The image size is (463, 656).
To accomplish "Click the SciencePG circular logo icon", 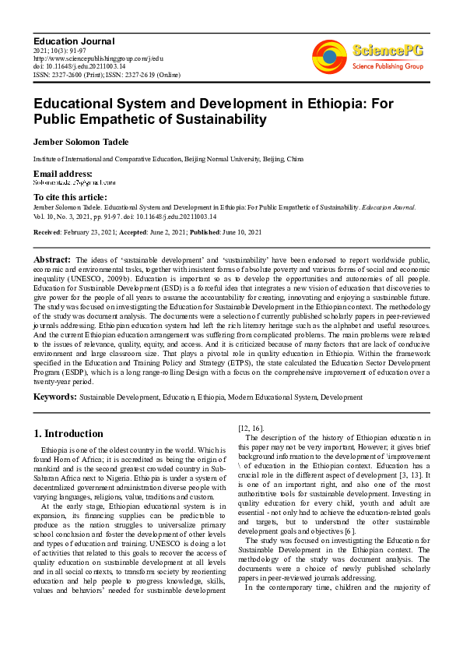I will pos(330,57).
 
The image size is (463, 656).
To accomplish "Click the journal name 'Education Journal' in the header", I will pos(73,41).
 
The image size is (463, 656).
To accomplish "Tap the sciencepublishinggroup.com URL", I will pos(97,58).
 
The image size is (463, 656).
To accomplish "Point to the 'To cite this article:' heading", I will pos(70,197).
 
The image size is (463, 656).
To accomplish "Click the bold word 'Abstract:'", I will pos(52,259).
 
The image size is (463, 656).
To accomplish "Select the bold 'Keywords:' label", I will pos(54,397).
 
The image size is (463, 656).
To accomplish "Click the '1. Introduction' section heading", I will pos(68,434).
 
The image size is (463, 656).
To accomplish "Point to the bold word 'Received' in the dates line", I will pos(47,232).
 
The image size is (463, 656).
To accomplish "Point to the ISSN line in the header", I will pos(106,76).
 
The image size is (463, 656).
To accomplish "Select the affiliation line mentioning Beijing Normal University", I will pos(168,159).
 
